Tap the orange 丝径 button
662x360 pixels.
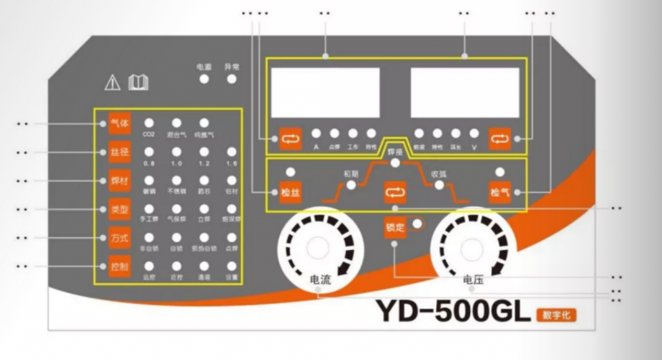119,152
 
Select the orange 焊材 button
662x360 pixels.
119,180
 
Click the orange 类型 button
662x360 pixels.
119,209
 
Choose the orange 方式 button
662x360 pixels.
119,238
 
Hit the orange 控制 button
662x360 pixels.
119,266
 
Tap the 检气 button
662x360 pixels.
500,192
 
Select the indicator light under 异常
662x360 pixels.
231,79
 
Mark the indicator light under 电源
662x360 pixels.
203,79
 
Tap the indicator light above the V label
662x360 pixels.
473,132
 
